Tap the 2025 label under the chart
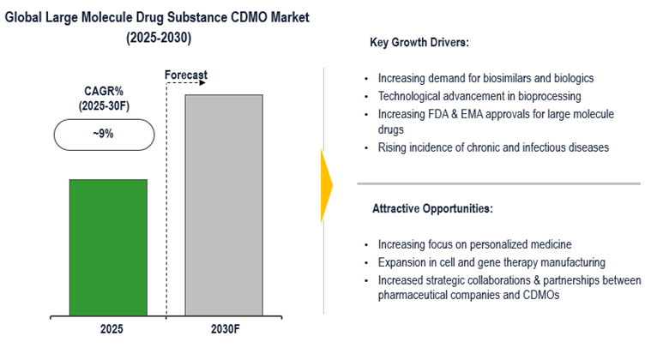click(108, 327)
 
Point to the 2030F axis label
click(224, 327)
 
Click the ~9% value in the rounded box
click(104, 135)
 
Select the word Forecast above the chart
click(185, 75)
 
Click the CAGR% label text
click(104, 93)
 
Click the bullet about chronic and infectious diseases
click(493, 147)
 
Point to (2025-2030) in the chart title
click(159, 38)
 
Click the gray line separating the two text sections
click(498, 183)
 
